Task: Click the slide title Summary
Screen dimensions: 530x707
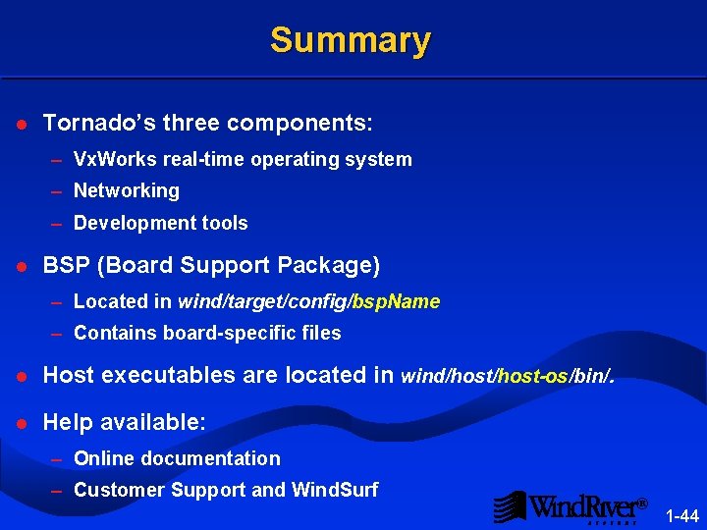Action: [x=350, y=40]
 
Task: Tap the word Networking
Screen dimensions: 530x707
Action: [x=126, y=190]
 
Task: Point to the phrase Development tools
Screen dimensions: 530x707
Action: [x=160, y=223]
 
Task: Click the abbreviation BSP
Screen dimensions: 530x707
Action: [x=66, y=265]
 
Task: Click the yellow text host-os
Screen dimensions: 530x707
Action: [x=534, y=376]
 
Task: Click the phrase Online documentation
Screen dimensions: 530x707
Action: [x=177, y=458]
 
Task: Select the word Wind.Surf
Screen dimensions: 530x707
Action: [x=335, y=490]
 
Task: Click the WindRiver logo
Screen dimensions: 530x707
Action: [x=570, y=506]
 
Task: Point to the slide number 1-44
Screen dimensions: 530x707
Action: [x=681, y=515]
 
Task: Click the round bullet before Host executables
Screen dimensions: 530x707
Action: [x=21, y=376]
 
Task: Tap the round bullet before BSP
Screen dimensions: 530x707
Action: [x=21, y=266]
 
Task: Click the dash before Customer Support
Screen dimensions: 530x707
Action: [x=57, y=491]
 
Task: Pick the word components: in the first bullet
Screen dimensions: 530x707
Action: [x=299, y=124]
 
